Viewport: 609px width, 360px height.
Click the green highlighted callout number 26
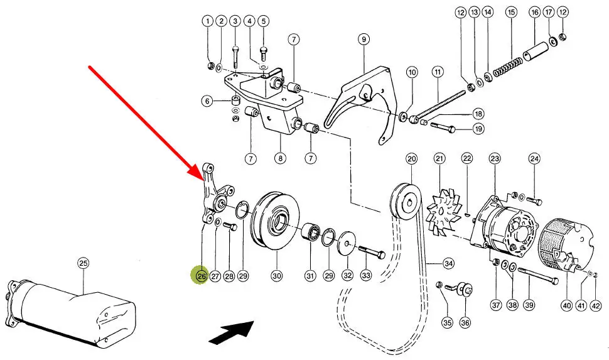click(201, 275)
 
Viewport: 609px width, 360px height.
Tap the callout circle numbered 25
click(84, 264)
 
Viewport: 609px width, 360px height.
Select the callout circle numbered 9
click(364, 40)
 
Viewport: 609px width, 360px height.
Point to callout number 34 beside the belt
click(448, 263)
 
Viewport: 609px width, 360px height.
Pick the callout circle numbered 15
click(512, 12)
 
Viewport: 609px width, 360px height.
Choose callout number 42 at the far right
click(596, 305)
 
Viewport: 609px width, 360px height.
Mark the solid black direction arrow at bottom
click(230, 330)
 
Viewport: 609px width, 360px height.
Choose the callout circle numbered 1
click(208, 21)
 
